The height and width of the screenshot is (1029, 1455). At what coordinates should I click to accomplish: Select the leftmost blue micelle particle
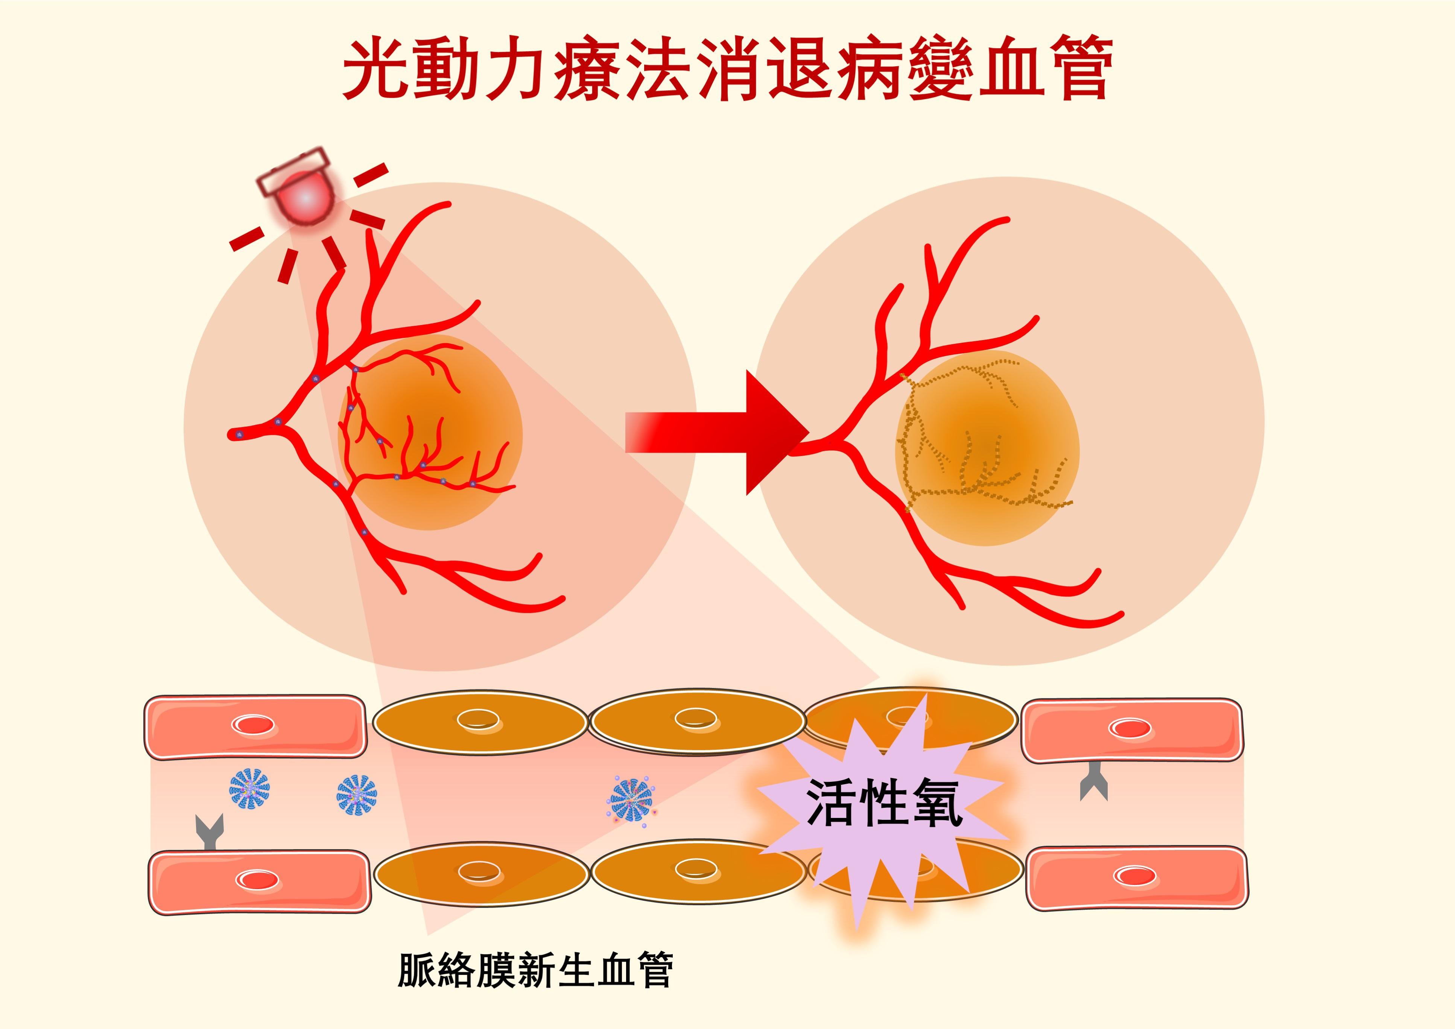[x=249, y=789]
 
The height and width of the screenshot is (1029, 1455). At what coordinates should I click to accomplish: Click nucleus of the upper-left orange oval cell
[x=479, y=719]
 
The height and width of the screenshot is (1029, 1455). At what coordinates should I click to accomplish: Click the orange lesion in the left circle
[x=431, y=431]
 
